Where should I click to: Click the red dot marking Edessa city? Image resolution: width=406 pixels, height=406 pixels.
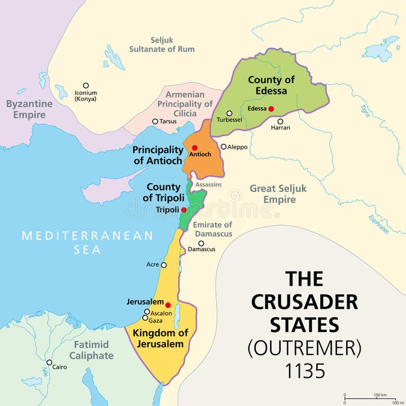pyautogui.click(x=271, y=109)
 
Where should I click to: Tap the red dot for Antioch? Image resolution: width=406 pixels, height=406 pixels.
pyautogui.click(x=195, y=147)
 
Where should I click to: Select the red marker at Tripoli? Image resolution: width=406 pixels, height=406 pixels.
pyautogui.click(x=183, y=210)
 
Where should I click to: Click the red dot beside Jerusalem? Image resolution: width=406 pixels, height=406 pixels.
pyautogui.click(x=168, y=305)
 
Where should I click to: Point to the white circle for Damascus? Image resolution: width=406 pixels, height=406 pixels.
pyautogui.click(x=201, y=244)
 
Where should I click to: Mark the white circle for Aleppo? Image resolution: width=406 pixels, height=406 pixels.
pyautogui.click(x=224, y=146)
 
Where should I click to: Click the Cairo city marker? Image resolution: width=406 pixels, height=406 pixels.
pyautogui.click(x=49, y=363)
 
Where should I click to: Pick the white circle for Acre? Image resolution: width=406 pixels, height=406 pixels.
pyautogui.click(x=164, y=265)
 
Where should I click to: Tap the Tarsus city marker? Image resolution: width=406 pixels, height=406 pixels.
pyautogui.click(x=155, y=122)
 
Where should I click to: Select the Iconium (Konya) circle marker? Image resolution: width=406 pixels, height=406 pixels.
pyautogui.click(x=86, y=86)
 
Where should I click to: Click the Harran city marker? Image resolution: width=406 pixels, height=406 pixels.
pyautogui.click(x=280, y=121)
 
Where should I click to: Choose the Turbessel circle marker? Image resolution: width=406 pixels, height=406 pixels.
pyautogui.click(x=229, y=113)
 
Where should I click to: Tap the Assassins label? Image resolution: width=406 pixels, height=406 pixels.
pyautogui.click(x=208, y=184)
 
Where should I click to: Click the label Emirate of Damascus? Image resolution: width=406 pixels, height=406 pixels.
pyautogui.click(x=213, y=229)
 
